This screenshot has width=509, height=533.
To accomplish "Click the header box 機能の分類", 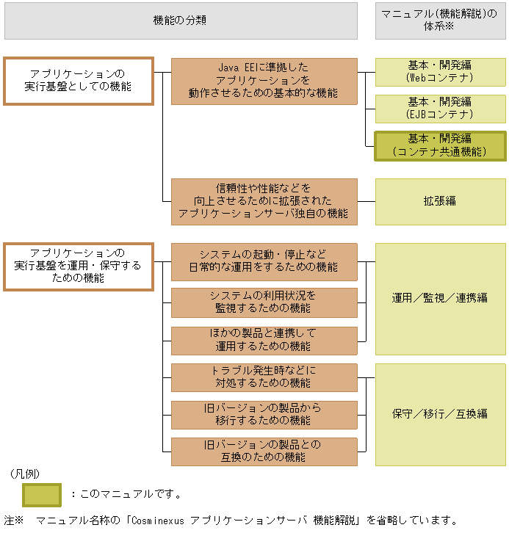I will click(180, 21).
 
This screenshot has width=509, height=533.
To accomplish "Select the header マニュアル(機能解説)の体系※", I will click(440, 21).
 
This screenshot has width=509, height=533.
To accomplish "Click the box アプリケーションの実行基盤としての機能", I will click(78, 81).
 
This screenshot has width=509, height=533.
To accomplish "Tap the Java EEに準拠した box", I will click(264, 81).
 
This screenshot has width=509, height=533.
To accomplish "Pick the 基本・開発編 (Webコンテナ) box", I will click(440, 71).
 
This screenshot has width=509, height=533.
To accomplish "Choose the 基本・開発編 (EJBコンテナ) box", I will click(440, 108).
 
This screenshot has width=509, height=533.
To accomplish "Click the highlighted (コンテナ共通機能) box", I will click(440, 145).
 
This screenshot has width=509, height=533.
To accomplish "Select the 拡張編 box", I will click(440, 201).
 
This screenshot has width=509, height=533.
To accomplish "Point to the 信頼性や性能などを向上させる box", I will click(264, 201).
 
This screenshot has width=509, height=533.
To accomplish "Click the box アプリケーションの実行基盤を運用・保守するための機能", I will click(78, 266).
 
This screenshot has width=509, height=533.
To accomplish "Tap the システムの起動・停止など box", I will click(264, 261).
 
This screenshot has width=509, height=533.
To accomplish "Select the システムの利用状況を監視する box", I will click(264, 302).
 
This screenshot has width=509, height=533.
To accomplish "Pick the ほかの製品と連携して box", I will click(264, 340).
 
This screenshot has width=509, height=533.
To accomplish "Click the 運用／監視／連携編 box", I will click(440, 299).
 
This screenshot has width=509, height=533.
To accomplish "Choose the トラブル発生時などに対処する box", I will click(264, 377).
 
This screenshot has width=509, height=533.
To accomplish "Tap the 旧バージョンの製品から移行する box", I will click(264, 415).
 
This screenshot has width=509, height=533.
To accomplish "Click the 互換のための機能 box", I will click(264, 452).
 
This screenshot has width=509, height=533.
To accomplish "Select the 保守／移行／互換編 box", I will click(440, 414).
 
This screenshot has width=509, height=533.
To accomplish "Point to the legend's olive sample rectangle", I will click(42, 494).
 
